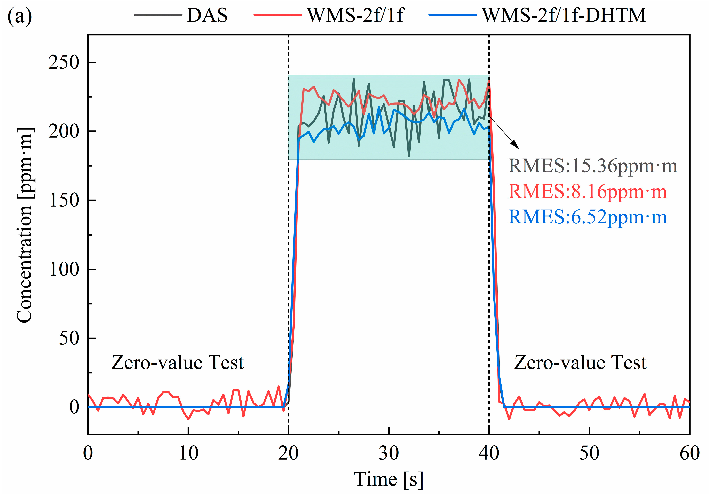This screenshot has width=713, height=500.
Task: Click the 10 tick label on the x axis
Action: (x=188, y=453)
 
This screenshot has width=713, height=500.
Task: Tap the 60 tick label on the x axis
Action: (x=689, y=453)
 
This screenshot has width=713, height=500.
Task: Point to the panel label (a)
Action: (x=20, y=16)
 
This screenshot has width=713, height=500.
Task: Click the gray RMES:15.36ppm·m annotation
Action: (x=592, y=166)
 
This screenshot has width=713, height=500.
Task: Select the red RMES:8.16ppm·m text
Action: (x=587, y=191)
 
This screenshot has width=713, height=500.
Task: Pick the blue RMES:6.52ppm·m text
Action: (x=587, y=217)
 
